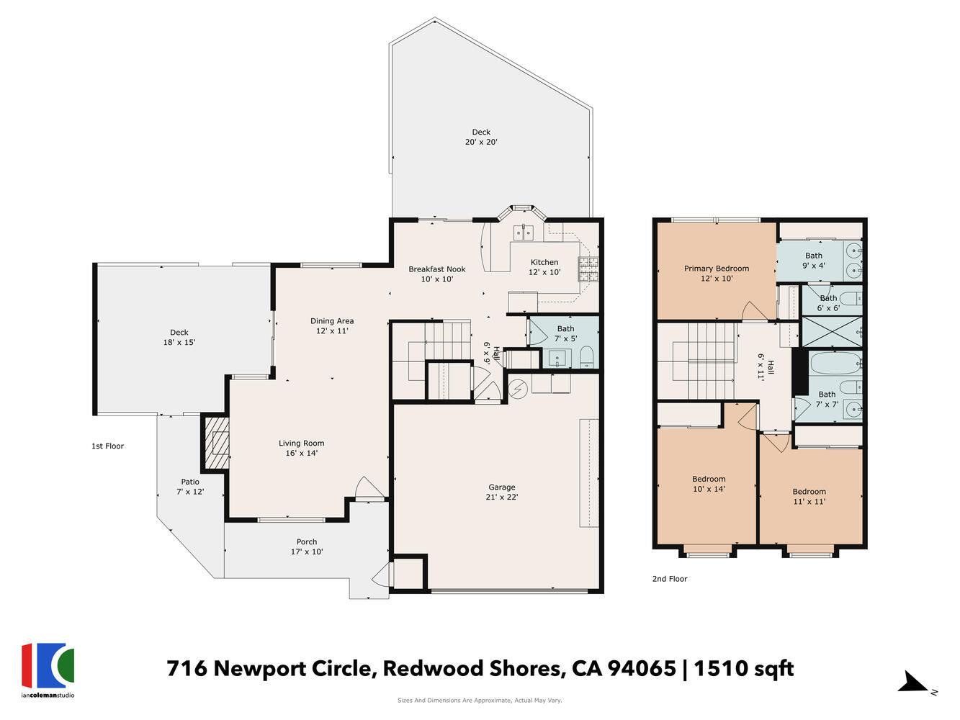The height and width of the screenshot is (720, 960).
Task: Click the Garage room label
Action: tap(501, 487)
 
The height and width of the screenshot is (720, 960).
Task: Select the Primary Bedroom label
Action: tap(716, 269)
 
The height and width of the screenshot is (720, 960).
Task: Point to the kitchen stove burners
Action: tap(588, 269)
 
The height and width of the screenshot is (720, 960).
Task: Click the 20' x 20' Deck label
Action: tap(480, 132)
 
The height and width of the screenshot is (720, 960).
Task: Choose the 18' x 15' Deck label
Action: tap(179, 333)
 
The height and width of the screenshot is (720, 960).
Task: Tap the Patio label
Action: tap(190, 482)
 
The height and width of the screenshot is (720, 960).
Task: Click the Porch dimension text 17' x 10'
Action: tap(307, 552)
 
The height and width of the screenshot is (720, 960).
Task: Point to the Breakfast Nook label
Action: tap(436, 269)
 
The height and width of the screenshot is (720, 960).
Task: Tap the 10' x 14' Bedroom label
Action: tap(709, 480)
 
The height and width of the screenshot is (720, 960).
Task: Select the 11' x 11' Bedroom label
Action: tap(809, 492)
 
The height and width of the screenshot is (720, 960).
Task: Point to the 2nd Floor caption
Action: tap(669, 579)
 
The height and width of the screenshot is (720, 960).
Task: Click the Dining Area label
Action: tap(332, 321)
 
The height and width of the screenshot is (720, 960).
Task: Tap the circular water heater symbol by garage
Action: tap(519, 389)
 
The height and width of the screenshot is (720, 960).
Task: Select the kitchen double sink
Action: tap(524, 232)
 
